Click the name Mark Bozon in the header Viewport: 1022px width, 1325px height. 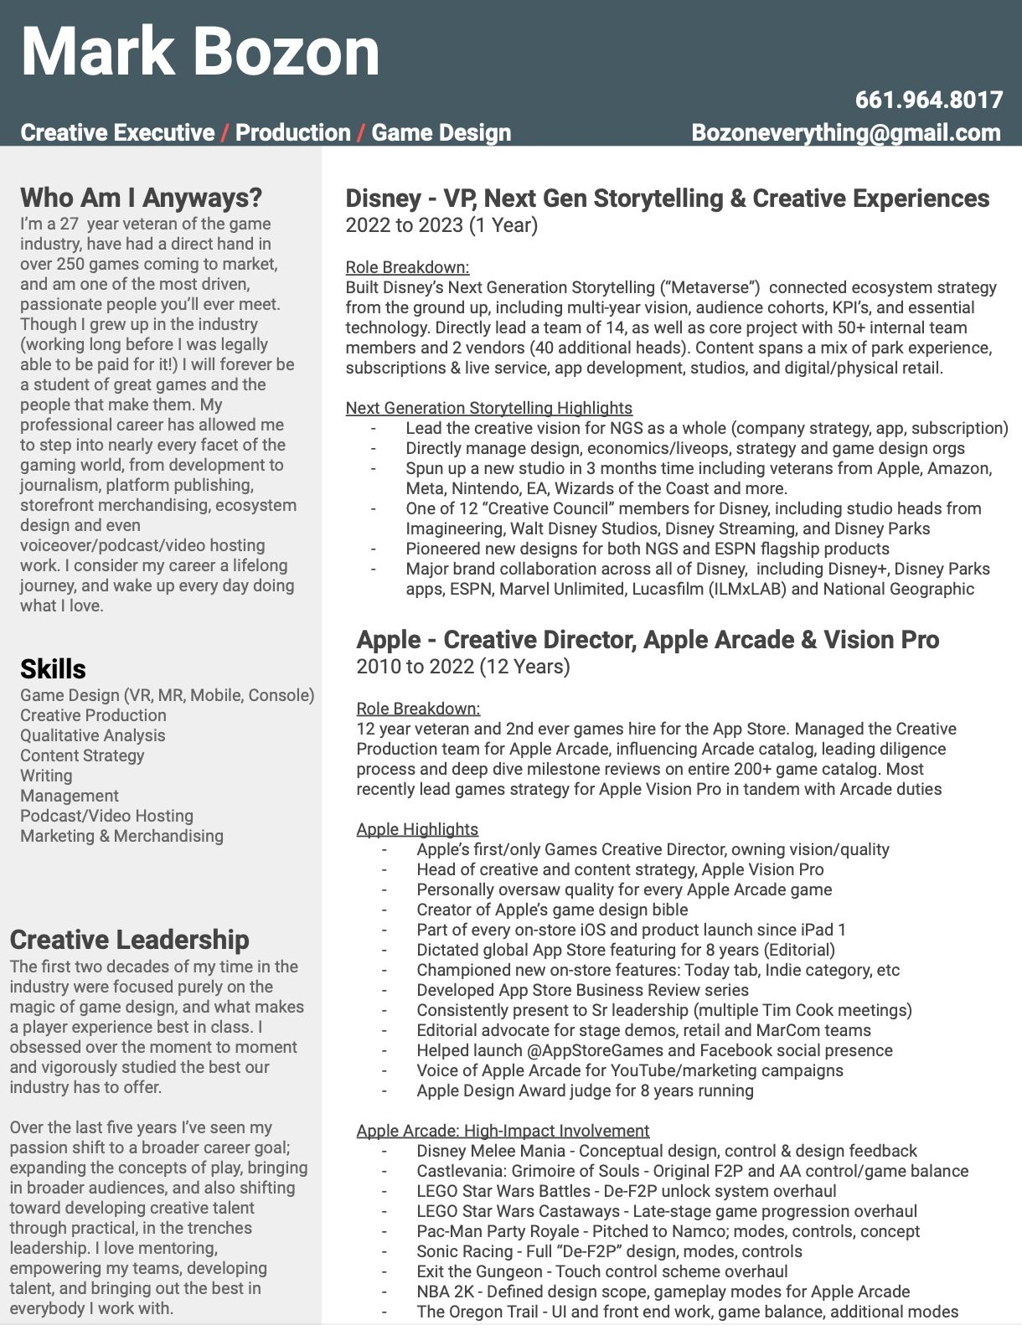[x=200, y=52]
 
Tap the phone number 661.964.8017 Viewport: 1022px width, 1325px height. [x=928, y=101]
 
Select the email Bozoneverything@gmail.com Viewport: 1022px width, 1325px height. [x=845, y=133]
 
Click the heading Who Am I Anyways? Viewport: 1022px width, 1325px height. [x=141, y=198]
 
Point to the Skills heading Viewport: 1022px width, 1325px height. [x=53, y=669]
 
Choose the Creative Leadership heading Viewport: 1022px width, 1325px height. [x=129, y=940]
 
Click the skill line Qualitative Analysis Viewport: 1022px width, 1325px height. [x=93, y=735]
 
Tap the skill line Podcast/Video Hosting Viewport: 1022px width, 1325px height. [x=106, y=816]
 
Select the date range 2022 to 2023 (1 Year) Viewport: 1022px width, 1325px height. [x=441, y=225]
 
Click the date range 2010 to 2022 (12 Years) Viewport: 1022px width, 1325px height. [x=463, y=667]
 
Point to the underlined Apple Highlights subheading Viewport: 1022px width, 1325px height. [x=417, y=829]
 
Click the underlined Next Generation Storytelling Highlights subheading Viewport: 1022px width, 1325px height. [x=488, y=408]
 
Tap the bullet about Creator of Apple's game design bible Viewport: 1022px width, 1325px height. [x=552, y=910]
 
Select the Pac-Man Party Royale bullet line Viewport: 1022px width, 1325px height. [x=668, y=1231]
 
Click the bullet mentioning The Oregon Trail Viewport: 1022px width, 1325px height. [x=687, y=1312]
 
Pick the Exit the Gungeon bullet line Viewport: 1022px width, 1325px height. [x=601, y=1271]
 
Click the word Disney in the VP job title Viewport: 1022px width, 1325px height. [x=383, y=198]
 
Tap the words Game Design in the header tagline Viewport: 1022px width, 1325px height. [x=441, y=133]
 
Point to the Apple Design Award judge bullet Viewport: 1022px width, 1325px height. [x=585, y=1090]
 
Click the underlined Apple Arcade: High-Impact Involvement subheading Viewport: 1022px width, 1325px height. [x=503, y=1131]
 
